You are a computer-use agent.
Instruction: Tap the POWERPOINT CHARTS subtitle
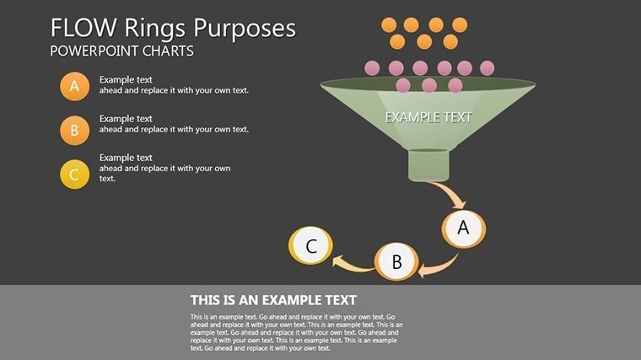(121, 51)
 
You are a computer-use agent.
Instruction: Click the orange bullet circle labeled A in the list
(74, 86)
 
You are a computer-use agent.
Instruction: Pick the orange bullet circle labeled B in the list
(74, 131)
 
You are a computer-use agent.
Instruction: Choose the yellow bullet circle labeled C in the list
(74, 175)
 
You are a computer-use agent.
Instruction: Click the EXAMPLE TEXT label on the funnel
(428, 117)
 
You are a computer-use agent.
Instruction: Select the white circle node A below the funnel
(462, 228)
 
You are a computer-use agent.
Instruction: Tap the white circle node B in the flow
(396, 262)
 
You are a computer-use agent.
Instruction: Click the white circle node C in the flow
(310, 246)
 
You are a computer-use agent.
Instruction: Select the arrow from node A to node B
(440, 263)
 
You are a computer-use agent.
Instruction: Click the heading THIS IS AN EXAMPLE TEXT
(273, 300)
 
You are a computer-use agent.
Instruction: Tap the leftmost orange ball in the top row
(389, 24)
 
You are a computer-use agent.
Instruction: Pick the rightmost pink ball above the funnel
(487, 67)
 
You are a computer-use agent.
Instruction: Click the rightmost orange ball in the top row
(460, 24)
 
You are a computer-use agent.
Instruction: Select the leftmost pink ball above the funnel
(372, 67)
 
